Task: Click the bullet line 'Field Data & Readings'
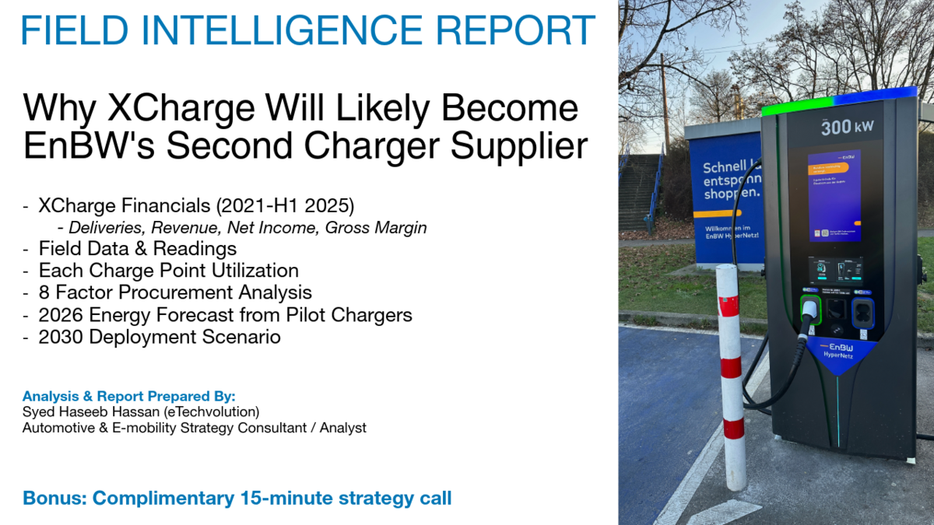[137, 249]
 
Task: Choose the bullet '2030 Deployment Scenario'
[159, 337]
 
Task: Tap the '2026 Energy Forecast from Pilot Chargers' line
[225, 315]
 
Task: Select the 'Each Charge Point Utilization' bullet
[168, 271]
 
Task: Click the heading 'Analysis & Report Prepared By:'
[128, 395]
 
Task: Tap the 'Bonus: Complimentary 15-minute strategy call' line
[237, 498]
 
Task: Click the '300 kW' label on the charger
[841, 128]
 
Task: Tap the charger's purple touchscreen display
[834, 195]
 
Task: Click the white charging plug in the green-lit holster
[809, 311]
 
